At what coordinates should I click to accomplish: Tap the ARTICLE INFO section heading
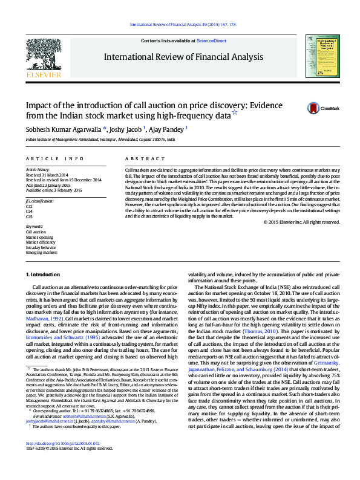[54, 158]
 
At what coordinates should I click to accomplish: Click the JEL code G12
[29, 206]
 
